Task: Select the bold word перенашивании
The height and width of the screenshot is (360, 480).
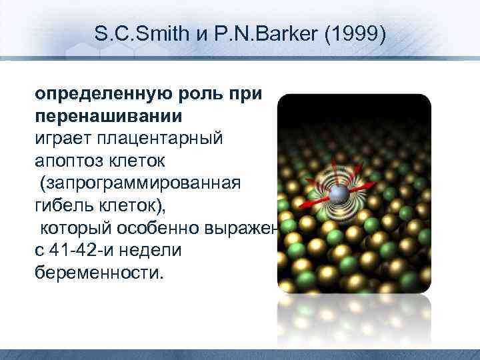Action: coord(108,117)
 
